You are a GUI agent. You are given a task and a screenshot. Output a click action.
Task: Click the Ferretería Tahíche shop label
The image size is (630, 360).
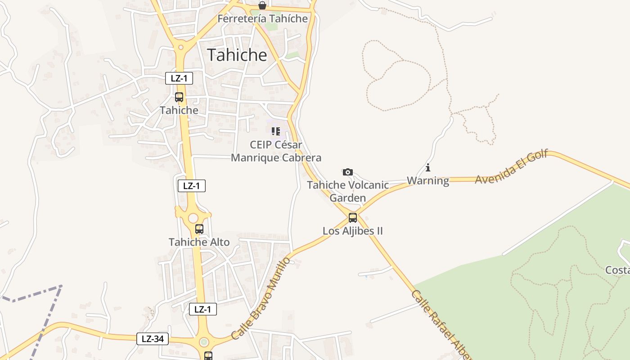click(262, 18)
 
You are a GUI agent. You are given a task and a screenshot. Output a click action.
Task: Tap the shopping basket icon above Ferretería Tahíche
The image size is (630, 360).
click(262, 5)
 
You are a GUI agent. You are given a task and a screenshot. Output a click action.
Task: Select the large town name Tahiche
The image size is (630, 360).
click(237, 55)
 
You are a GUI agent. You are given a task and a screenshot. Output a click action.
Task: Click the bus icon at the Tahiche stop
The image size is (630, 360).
click(179, 97)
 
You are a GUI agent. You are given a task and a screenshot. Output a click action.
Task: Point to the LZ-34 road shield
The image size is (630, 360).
click(153, 339)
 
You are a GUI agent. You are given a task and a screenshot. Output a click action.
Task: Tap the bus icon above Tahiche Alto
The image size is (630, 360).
click(199, 229)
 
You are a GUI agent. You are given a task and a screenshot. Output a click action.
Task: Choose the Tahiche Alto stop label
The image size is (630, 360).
click(199, 242)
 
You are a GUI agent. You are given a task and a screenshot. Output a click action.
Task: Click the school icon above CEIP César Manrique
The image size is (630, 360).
click(276, 131)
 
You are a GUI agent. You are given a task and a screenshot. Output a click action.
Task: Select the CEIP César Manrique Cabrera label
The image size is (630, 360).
click(276, 151)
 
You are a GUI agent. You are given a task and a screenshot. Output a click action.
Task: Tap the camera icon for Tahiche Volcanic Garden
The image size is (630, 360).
click(347, 172)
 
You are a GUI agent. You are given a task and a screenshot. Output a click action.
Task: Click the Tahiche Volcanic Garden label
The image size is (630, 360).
click(348, 191)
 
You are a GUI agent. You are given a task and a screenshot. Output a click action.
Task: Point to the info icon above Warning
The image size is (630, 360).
click(428, 168)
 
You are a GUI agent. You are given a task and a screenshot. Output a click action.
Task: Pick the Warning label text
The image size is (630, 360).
click(428, 181)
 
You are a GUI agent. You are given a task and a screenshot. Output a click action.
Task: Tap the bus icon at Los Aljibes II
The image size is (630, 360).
click(353, 218)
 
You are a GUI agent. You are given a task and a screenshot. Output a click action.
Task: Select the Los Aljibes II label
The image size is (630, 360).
click(353, 231)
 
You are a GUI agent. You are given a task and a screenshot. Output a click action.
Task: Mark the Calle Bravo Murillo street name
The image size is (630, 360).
click(261, 298)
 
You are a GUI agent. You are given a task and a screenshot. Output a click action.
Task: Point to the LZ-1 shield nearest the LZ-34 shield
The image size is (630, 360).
click(202, 309)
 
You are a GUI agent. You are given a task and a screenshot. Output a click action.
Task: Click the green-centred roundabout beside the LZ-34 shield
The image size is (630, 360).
click(204, 342)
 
